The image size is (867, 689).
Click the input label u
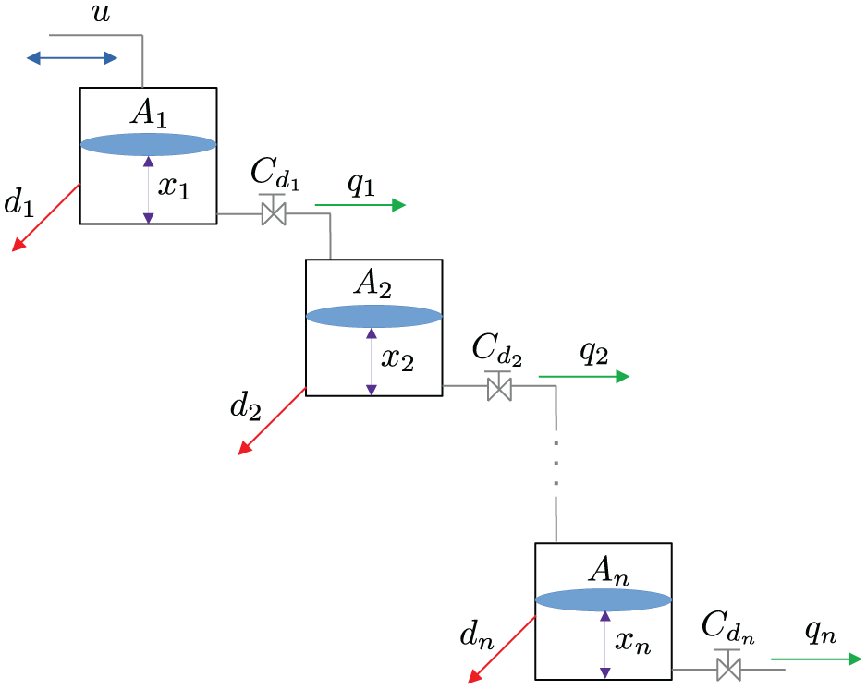(101, 13)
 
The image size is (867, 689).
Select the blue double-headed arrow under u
(72, 57)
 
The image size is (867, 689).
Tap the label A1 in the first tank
(148, 114)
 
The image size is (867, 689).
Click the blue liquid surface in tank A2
(374, 317)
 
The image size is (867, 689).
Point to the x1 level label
(174, 187)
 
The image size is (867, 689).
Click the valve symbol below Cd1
(274, 211)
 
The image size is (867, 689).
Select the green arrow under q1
(360, 205)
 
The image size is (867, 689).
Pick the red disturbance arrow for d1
(46, 218)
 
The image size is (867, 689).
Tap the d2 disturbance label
(246, 408)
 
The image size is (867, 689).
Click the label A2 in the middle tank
(373, 284)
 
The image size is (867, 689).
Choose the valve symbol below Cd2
(499, 386)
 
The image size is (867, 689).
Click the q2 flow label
(593, 352)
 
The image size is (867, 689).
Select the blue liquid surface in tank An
(604, 600)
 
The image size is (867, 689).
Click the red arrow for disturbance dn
(502, 650)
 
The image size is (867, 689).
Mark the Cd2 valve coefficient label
(497, 350)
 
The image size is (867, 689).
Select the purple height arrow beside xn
(605, 645)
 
